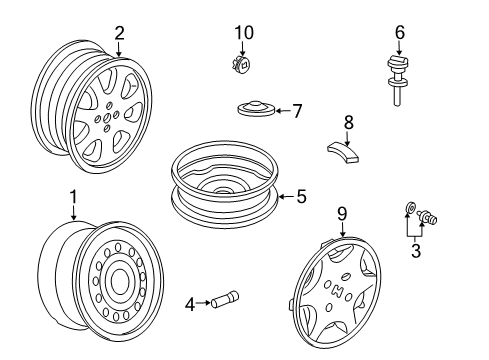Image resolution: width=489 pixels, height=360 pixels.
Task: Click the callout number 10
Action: tap(244, 33)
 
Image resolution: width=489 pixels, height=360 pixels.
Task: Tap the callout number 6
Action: tap(400, 32)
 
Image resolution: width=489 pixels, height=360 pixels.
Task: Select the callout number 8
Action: tap(348, 122)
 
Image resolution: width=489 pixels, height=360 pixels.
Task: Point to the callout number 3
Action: tap(416, 251)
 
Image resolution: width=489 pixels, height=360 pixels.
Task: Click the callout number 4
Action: tap(190, 304)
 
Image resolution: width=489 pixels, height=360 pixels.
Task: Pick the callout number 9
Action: tap(342, 214)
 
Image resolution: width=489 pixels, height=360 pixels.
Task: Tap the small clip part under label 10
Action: tap(242, 64)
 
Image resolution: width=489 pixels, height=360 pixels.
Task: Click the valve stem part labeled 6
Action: tap(398, 81)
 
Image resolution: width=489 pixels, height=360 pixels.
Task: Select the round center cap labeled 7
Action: tap(256, 108)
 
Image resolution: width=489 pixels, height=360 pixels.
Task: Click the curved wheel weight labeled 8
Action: tap(343, 152)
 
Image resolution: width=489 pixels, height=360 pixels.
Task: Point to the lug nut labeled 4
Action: tap(225, 299)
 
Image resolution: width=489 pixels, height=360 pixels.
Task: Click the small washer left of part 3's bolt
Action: tap(410, 209)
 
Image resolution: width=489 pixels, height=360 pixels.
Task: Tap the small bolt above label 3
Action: tap(428, 217)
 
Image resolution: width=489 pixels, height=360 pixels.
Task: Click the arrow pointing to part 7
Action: tap(283, 111)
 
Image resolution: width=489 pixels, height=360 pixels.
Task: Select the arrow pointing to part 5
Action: tap(286, 197)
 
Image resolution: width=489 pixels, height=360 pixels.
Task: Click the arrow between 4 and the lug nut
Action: tap(203, 303)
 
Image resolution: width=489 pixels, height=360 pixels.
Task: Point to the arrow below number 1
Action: tap(73, 212)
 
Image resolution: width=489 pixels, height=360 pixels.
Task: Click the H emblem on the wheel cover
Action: tap(338, 292)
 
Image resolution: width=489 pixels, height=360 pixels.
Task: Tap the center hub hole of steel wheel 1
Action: tap(119, 281)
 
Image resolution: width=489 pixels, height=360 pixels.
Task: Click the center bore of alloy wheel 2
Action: tap(107, 117)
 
